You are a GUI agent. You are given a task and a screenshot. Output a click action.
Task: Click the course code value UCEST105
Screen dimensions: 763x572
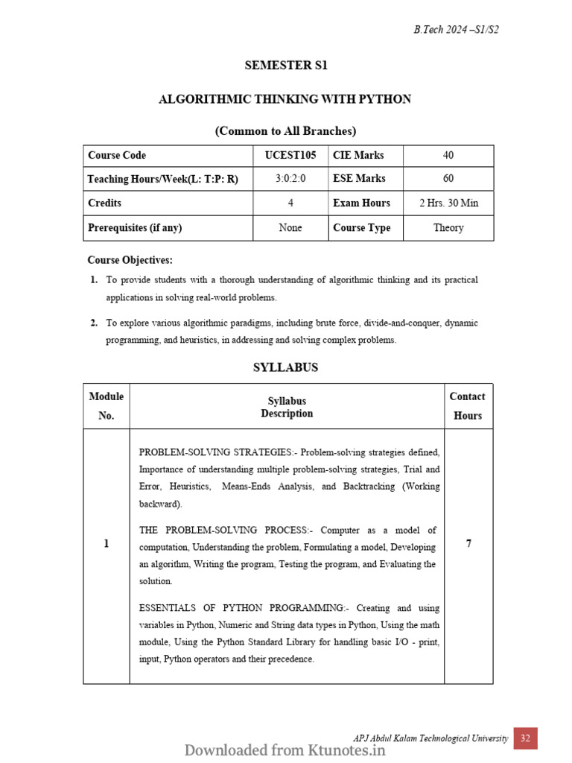pyautogui.click(x=290, y=156)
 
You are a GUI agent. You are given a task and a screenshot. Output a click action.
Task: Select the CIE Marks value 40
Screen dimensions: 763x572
pyautogui.click(x=448, y=156)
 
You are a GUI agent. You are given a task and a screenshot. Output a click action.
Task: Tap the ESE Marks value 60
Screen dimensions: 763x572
pyautogui.click(x=448, y=179)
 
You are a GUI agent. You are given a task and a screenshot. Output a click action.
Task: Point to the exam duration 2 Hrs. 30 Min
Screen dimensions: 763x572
pyautogui.click(x=448, y=203)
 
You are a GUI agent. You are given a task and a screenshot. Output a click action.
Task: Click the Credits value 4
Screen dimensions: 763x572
pyautogui.click(x=290, y=203)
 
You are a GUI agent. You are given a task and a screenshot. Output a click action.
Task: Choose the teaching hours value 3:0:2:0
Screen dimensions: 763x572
pyautogui.click(x=290, y=179)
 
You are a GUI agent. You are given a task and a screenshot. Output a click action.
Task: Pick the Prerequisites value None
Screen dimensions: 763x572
pyautogui.click(x=290, y=228)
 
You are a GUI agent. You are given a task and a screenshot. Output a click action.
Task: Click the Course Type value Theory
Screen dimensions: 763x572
pyautogui.click(x=448, y=228)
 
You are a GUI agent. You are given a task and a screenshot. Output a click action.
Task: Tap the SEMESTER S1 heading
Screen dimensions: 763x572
pyautogui.click(x=286, y=66)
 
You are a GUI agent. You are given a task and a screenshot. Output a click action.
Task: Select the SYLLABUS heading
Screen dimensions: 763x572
pyautogui.click(x=285, y=367)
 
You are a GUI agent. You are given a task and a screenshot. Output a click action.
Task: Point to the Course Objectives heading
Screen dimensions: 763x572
pyautogui.click(x=130, y=260)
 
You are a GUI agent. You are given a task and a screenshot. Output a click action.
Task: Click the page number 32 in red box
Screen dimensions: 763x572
pyautogui.click(x=525, y=738)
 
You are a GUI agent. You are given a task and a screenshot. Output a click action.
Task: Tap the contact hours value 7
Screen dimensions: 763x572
pyautogui.click(x=468, y=544)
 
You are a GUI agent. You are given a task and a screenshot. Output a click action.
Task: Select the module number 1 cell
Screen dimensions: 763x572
pyautogui.click(x=107, y=544)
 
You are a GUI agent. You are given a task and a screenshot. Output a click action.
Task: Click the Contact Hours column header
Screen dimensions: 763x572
pyautogui.click(x=467, y=406)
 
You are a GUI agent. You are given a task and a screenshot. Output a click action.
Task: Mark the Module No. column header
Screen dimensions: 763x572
pyautogui.click(x=107, y=406)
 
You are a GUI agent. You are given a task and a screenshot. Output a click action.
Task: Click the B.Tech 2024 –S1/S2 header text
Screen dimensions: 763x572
pyautogui.click(x=461, y=30)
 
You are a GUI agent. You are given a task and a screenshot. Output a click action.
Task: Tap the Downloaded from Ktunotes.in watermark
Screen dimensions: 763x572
pyautogui.click(x=285, y=750)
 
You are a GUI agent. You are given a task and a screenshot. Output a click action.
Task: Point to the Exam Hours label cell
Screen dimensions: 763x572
pyautogui.click(x=361, y=203)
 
